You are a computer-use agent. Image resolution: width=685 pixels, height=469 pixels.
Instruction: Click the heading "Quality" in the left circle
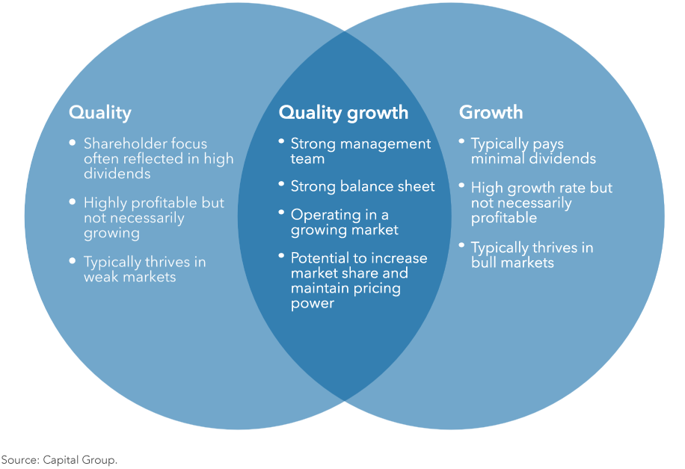[x=99, y=113]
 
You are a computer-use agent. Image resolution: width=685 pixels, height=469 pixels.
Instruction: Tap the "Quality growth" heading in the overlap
[x=343, y=113]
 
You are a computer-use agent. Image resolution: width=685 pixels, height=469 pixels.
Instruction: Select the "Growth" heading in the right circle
[x=491, y=113]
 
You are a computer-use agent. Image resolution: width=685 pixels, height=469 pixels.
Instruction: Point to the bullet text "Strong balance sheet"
[x=362, y=186]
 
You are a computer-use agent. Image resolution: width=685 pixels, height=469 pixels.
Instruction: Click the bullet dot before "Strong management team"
[x=281, y=141]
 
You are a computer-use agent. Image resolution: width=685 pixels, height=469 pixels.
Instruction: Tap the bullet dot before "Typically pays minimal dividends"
[x=461, y=141]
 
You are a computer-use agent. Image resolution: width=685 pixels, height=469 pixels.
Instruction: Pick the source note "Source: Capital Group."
[x=59, y=460]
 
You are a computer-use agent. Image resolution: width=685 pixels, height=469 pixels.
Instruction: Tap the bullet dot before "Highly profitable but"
[x=72, y=201]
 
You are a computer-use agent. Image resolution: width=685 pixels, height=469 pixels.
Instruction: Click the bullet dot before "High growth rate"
[x=461, y=186]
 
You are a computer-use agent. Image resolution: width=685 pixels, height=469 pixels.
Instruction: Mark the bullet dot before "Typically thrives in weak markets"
[x=72, y=260]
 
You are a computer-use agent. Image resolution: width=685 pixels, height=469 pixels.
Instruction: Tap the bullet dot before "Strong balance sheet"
[x=281, y=184]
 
